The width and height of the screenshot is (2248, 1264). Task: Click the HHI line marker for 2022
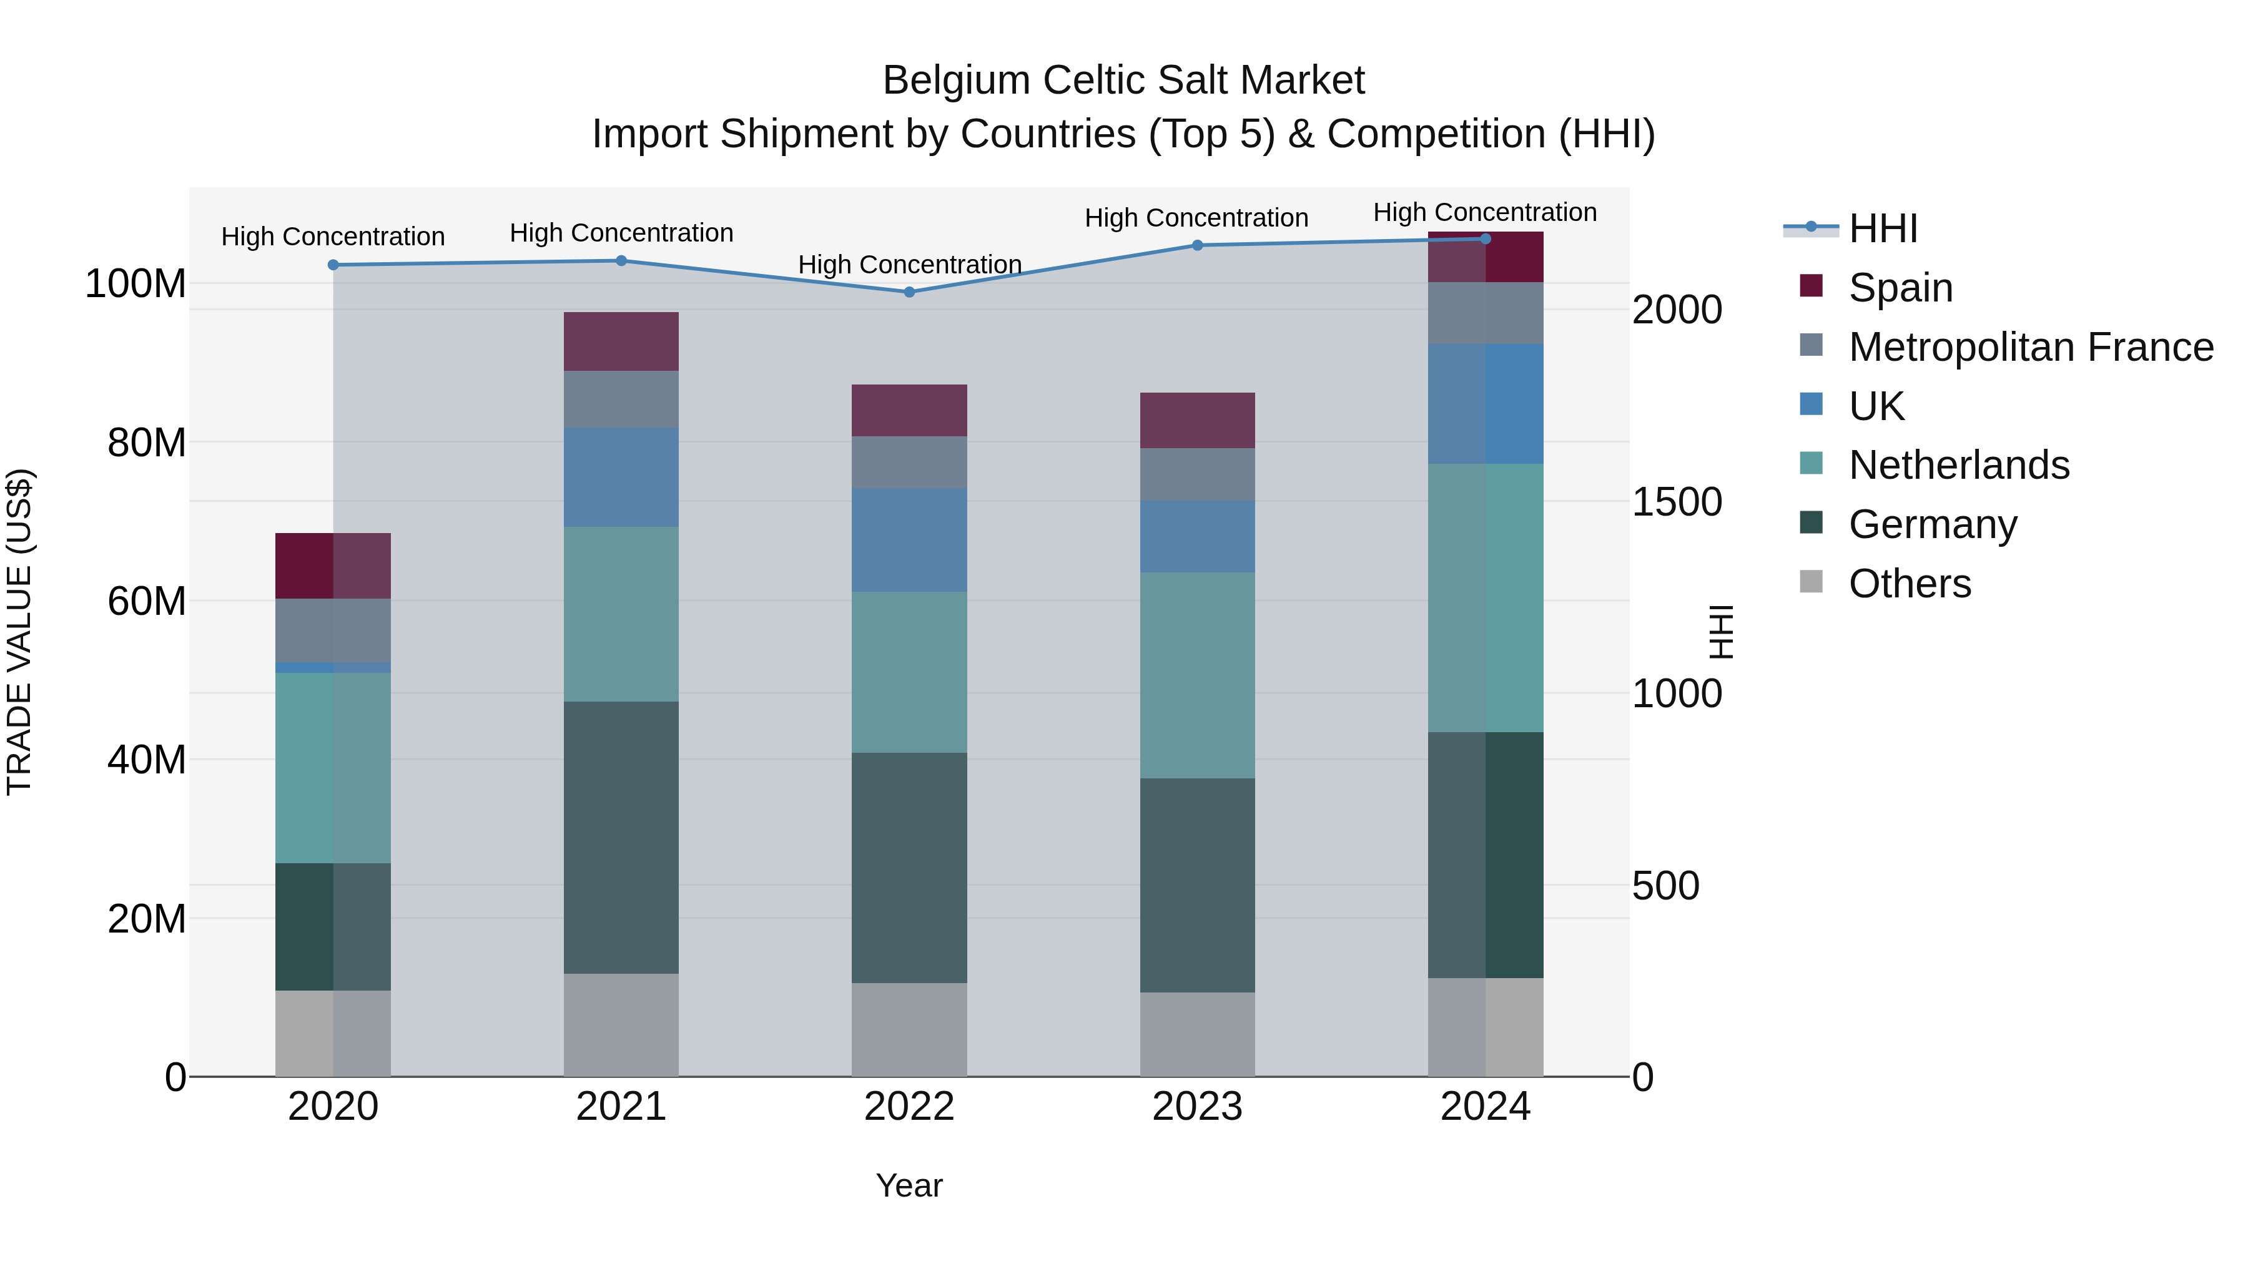pos(909,292)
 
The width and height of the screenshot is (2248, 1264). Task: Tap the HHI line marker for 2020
pos(333,265)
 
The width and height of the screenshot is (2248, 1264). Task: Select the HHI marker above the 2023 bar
pos(1197,245)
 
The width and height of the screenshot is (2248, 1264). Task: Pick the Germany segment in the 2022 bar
pos(909,868)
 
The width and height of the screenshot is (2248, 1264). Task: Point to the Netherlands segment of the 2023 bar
pos(1197,675)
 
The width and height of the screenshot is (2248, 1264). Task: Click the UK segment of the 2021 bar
pos(621,477)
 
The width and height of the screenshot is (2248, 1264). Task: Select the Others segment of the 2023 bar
pos(1197,1034)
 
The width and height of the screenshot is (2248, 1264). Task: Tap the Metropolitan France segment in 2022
pos(909,463)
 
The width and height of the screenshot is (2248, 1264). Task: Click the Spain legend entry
pos(1900,288)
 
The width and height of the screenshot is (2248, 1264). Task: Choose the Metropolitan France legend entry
pos(2030,347)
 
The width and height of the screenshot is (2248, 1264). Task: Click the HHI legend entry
pos(1882,228)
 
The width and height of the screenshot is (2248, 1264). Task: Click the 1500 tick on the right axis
pos(1677,502)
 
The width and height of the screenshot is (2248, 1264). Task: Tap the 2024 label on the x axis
pos(1486,1107)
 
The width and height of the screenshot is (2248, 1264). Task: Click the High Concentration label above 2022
pos(909,264)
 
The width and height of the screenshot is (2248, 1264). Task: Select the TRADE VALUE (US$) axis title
pos(20,632)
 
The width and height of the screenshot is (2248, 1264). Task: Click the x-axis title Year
pos(909,1185)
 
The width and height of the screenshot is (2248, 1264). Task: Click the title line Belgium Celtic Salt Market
pos(1123,81)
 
